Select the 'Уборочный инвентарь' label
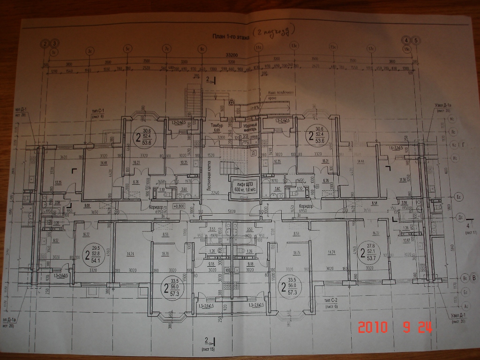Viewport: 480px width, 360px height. coord(248,128)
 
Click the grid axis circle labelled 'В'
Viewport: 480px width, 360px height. coord(473,278)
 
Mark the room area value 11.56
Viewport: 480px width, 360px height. coord(401,180)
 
